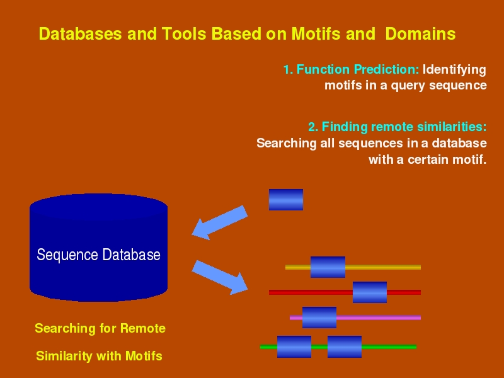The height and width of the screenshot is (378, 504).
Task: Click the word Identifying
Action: click(454, 69)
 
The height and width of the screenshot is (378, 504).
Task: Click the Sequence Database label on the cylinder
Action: click(98, 255)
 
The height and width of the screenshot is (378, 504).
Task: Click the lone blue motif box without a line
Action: click(286, 200)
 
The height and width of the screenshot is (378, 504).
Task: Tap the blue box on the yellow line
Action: click(328, 267)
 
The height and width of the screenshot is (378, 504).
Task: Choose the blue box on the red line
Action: click(370, 292)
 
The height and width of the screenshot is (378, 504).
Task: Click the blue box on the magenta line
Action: click(319, 318)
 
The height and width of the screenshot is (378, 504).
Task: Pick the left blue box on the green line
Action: click(294, 346)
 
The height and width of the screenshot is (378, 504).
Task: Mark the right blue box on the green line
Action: click(345, 346)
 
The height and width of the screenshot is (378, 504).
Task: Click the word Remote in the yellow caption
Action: click(142, 328)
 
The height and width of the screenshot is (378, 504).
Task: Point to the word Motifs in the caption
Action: click(144, 356)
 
